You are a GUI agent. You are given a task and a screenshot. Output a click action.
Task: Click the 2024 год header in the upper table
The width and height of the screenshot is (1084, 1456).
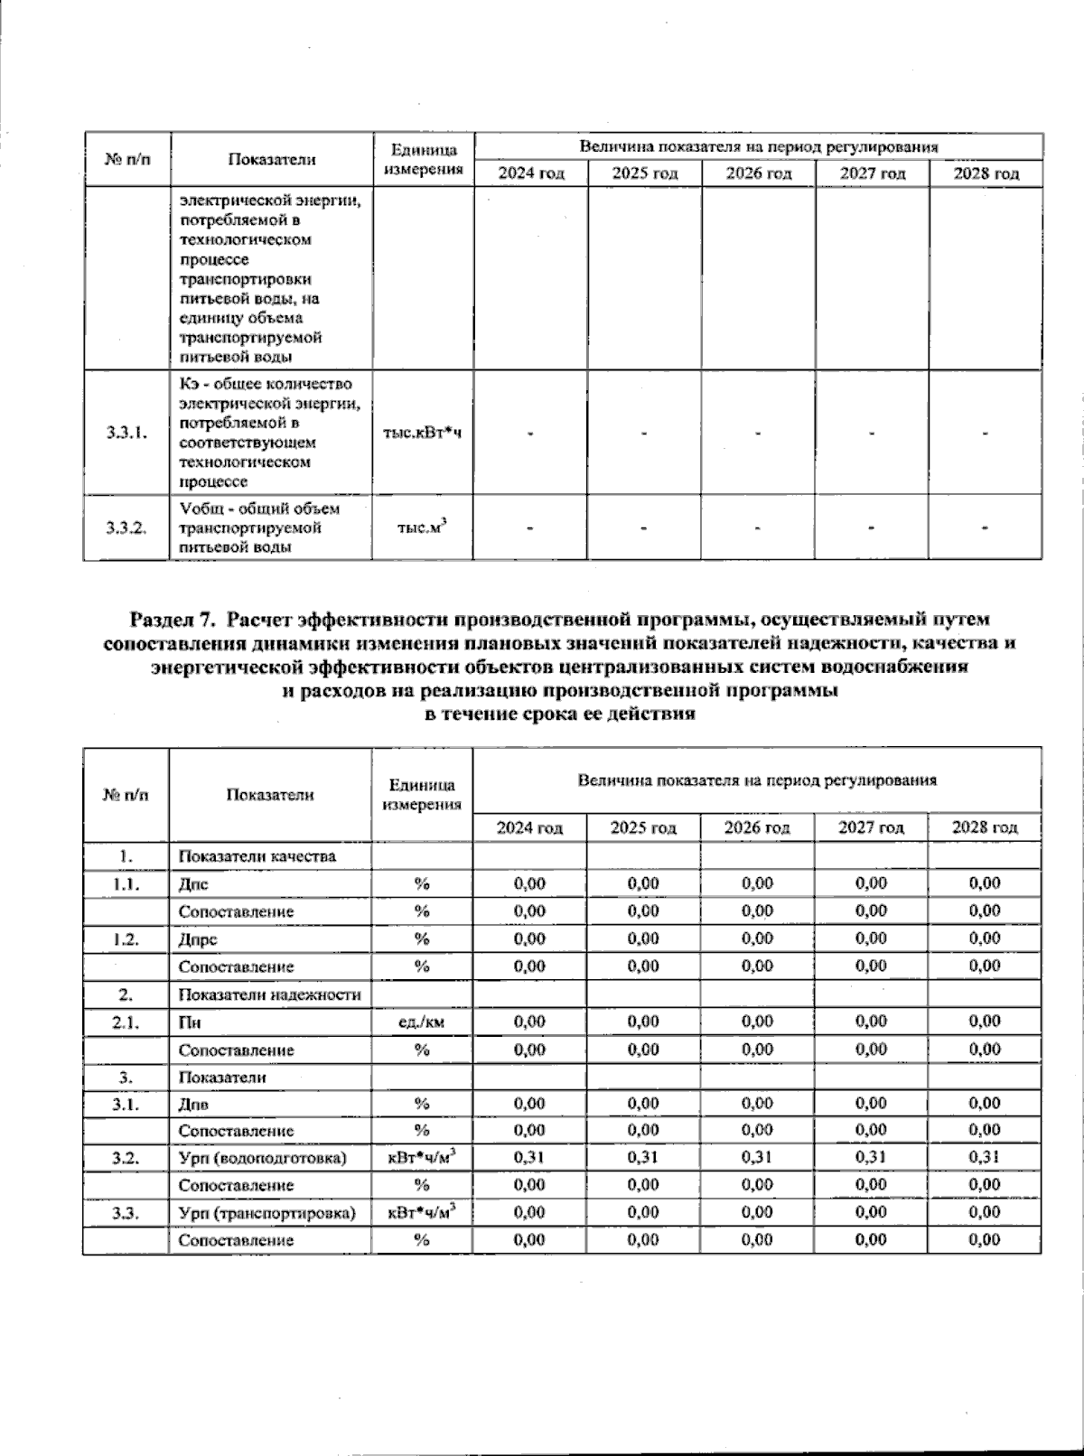(x=531, y=173)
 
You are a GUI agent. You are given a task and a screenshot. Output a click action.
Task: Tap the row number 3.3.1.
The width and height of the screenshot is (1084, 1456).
(x=126, y=433)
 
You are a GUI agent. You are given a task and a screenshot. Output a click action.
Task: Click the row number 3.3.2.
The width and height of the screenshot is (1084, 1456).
(x=126, y=527)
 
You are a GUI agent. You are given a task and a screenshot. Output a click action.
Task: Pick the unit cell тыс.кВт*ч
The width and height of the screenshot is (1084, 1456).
(x=422, y=433)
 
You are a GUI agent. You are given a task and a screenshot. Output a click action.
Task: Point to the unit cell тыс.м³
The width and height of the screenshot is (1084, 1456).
(x=422, y=527)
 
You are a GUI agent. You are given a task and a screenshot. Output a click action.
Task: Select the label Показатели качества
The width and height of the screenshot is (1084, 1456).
(x=257, y=855)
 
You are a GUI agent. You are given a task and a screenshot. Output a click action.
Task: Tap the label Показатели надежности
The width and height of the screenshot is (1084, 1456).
(x=270, y=994)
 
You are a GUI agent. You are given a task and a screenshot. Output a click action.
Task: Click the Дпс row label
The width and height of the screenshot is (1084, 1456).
(x=193, y=884)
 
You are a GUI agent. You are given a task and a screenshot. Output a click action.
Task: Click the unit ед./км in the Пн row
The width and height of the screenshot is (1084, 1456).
(x=421, y=1022)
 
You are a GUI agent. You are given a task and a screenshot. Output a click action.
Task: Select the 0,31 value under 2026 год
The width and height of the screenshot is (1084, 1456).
(x=757, y=1157)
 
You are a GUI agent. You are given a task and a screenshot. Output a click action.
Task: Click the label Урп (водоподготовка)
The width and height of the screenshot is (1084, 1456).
(x=262, y=1158)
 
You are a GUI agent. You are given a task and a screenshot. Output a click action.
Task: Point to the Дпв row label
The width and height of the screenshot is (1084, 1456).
(x=194, y=1104)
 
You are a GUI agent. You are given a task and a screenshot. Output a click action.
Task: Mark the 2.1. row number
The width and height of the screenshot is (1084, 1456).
(x=126, y=1022)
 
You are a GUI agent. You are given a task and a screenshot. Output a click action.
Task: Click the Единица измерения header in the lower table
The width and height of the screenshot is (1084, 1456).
(x=422, y=795)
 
